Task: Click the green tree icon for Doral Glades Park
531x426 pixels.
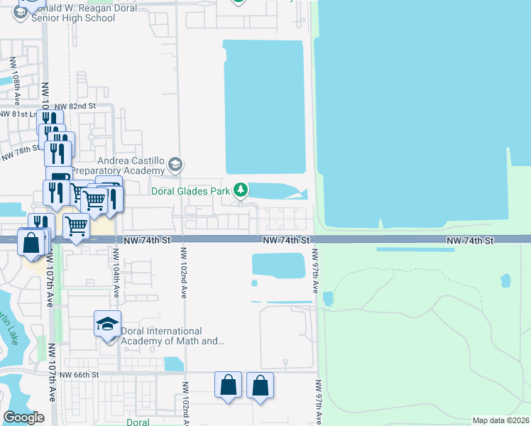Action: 242,189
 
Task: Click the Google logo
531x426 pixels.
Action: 23,417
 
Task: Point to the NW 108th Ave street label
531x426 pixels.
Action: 15,77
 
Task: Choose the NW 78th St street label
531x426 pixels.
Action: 21,152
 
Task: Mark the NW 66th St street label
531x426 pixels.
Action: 77,375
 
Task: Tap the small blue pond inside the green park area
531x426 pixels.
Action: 505,280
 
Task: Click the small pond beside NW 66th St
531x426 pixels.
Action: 173,364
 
